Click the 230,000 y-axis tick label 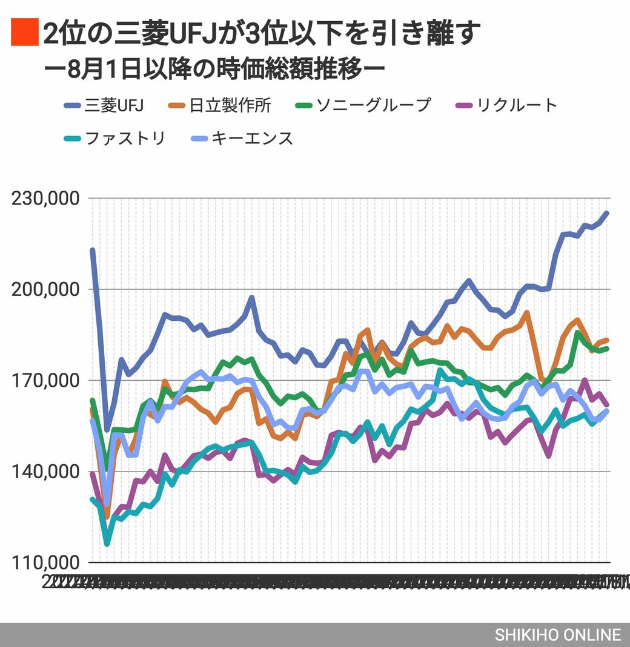[x=46, y=199]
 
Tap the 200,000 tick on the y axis [x=46, y=289]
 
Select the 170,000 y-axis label [x=46, y=381]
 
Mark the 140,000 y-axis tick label [x=46, y=471]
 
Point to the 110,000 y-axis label [x=46, y=562]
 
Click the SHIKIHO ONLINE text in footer [x=557, y=635]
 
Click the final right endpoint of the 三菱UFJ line [x=607, y=213]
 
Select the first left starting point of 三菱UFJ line [x=92, y=250]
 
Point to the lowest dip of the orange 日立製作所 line [x=107, y=516]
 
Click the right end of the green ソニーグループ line [x=607, y=348]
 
